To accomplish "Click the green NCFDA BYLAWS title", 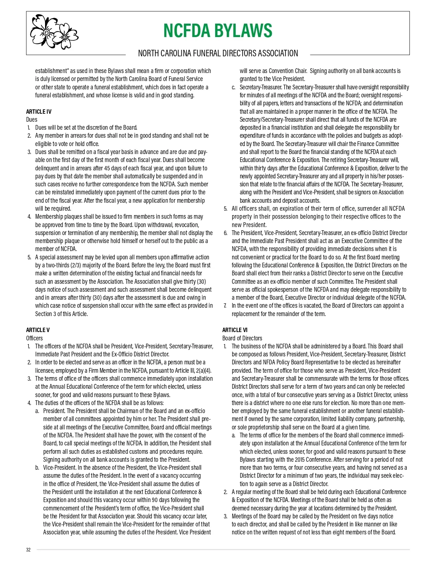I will (x=218, y=31).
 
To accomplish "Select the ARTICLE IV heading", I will (x=39, y=112).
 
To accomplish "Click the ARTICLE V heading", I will (x=38, y=330).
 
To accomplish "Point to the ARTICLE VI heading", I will (x=235, y=330).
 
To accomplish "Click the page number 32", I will (x=28, y=550).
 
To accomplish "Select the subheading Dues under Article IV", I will (x=32, y=120).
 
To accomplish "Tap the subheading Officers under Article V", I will (x=34, y=338).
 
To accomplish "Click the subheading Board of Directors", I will (x=242, y=338).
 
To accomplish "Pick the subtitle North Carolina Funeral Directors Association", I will (x=218, y=53).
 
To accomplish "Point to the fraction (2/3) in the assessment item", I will (x=78, y=265).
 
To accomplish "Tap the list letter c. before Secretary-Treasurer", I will (x=234, y=87).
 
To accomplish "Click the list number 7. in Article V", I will (x=225, y=306).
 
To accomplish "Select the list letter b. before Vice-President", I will (x=37, y=468).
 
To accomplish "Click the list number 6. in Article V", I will (x=225, y=233).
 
